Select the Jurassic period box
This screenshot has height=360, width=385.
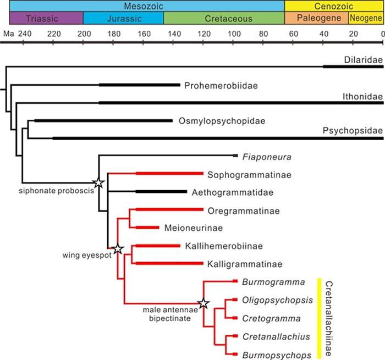[123, 18]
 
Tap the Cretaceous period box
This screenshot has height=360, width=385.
[224, 18]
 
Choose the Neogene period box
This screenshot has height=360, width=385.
[366, 18]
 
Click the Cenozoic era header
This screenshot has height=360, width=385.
[333, 5]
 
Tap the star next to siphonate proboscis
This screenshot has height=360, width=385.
[98, 183]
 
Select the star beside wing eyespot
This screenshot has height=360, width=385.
[117, 249]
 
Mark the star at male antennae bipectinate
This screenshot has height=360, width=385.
[204, 303]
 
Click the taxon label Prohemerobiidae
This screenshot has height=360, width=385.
[221, 85]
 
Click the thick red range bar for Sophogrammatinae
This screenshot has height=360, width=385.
[169, 174]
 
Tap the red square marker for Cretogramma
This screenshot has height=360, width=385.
[235, 318]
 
